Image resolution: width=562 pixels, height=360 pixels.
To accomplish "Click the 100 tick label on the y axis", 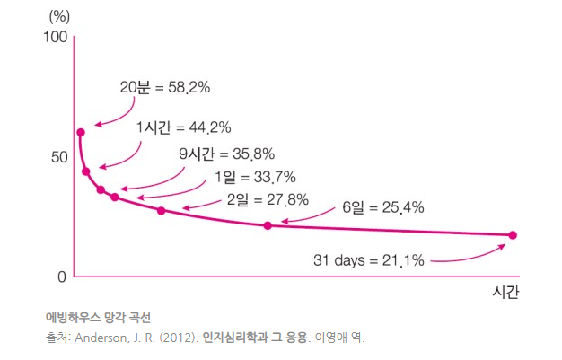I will (x=55, y=38).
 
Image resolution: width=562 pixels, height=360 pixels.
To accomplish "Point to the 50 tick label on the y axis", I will (x=57, y=157).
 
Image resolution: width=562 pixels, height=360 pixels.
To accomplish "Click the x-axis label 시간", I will (x=506, y=293).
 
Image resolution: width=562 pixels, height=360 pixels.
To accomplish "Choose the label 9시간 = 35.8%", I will (x=226, y=153).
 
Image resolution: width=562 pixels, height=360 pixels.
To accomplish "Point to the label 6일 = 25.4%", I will (x=382, y=208).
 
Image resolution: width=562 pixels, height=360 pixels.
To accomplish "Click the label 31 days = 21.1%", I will (x=368, y=261).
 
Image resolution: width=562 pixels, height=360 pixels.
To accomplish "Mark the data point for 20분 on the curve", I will (x=81, y=133).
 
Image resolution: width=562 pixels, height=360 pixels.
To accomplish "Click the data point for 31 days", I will (x=513, y=235).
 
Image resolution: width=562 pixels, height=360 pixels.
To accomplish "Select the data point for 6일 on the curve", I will (x=268, y=225).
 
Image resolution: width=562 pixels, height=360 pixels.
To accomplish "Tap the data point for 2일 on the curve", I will (x=162, y=211).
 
